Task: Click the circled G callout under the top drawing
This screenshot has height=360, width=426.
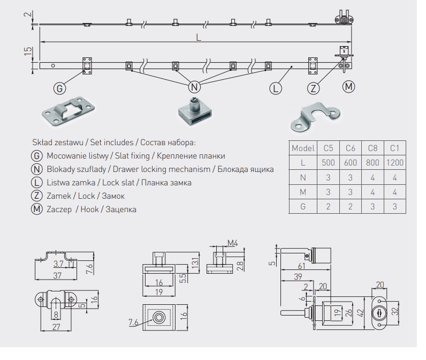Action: (x=59, y=87)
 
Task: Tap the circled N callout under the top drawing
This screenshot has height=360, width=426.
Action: (x=195, y=87)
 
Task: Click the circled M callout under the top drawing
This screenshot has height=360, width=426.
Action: (x=349, y=86)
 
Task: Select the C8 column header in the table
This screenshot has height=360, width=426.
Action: (x=372, y=147)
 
